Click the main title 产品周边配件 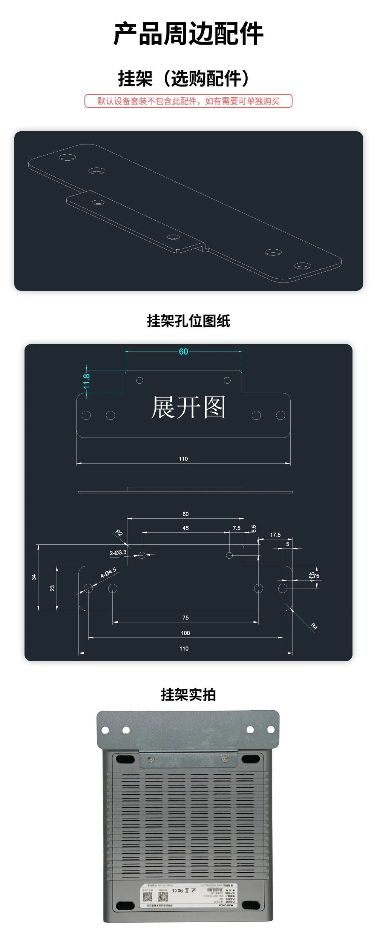pos(188,34)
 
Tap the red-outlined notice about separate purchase pos(188,101)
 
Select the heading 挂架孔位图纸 pos(188,321)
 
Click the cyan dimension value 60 pos(183,352)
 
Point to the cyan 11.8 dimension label pos(87,381)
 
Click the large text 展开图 pos(188,407)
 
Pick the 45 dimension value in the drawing pos(185,528)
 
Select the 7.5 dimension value pos(236,528)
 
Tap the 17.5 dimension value pos(275,535)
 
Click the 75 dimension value pos(185,617)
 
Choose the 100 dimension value pos(185,633)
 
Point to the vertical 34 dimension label pos(34,577)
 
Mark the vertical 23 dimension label pos(52,588)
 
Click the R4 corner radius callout pos(314,626)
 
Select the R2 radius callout pos(119,533)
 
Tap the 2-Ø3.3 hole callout pos(118,553)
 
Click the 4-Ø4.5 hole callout pos(109,573)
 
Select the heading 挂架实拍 pos(188,695)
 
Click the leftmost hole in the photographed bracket pos(106,730)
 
